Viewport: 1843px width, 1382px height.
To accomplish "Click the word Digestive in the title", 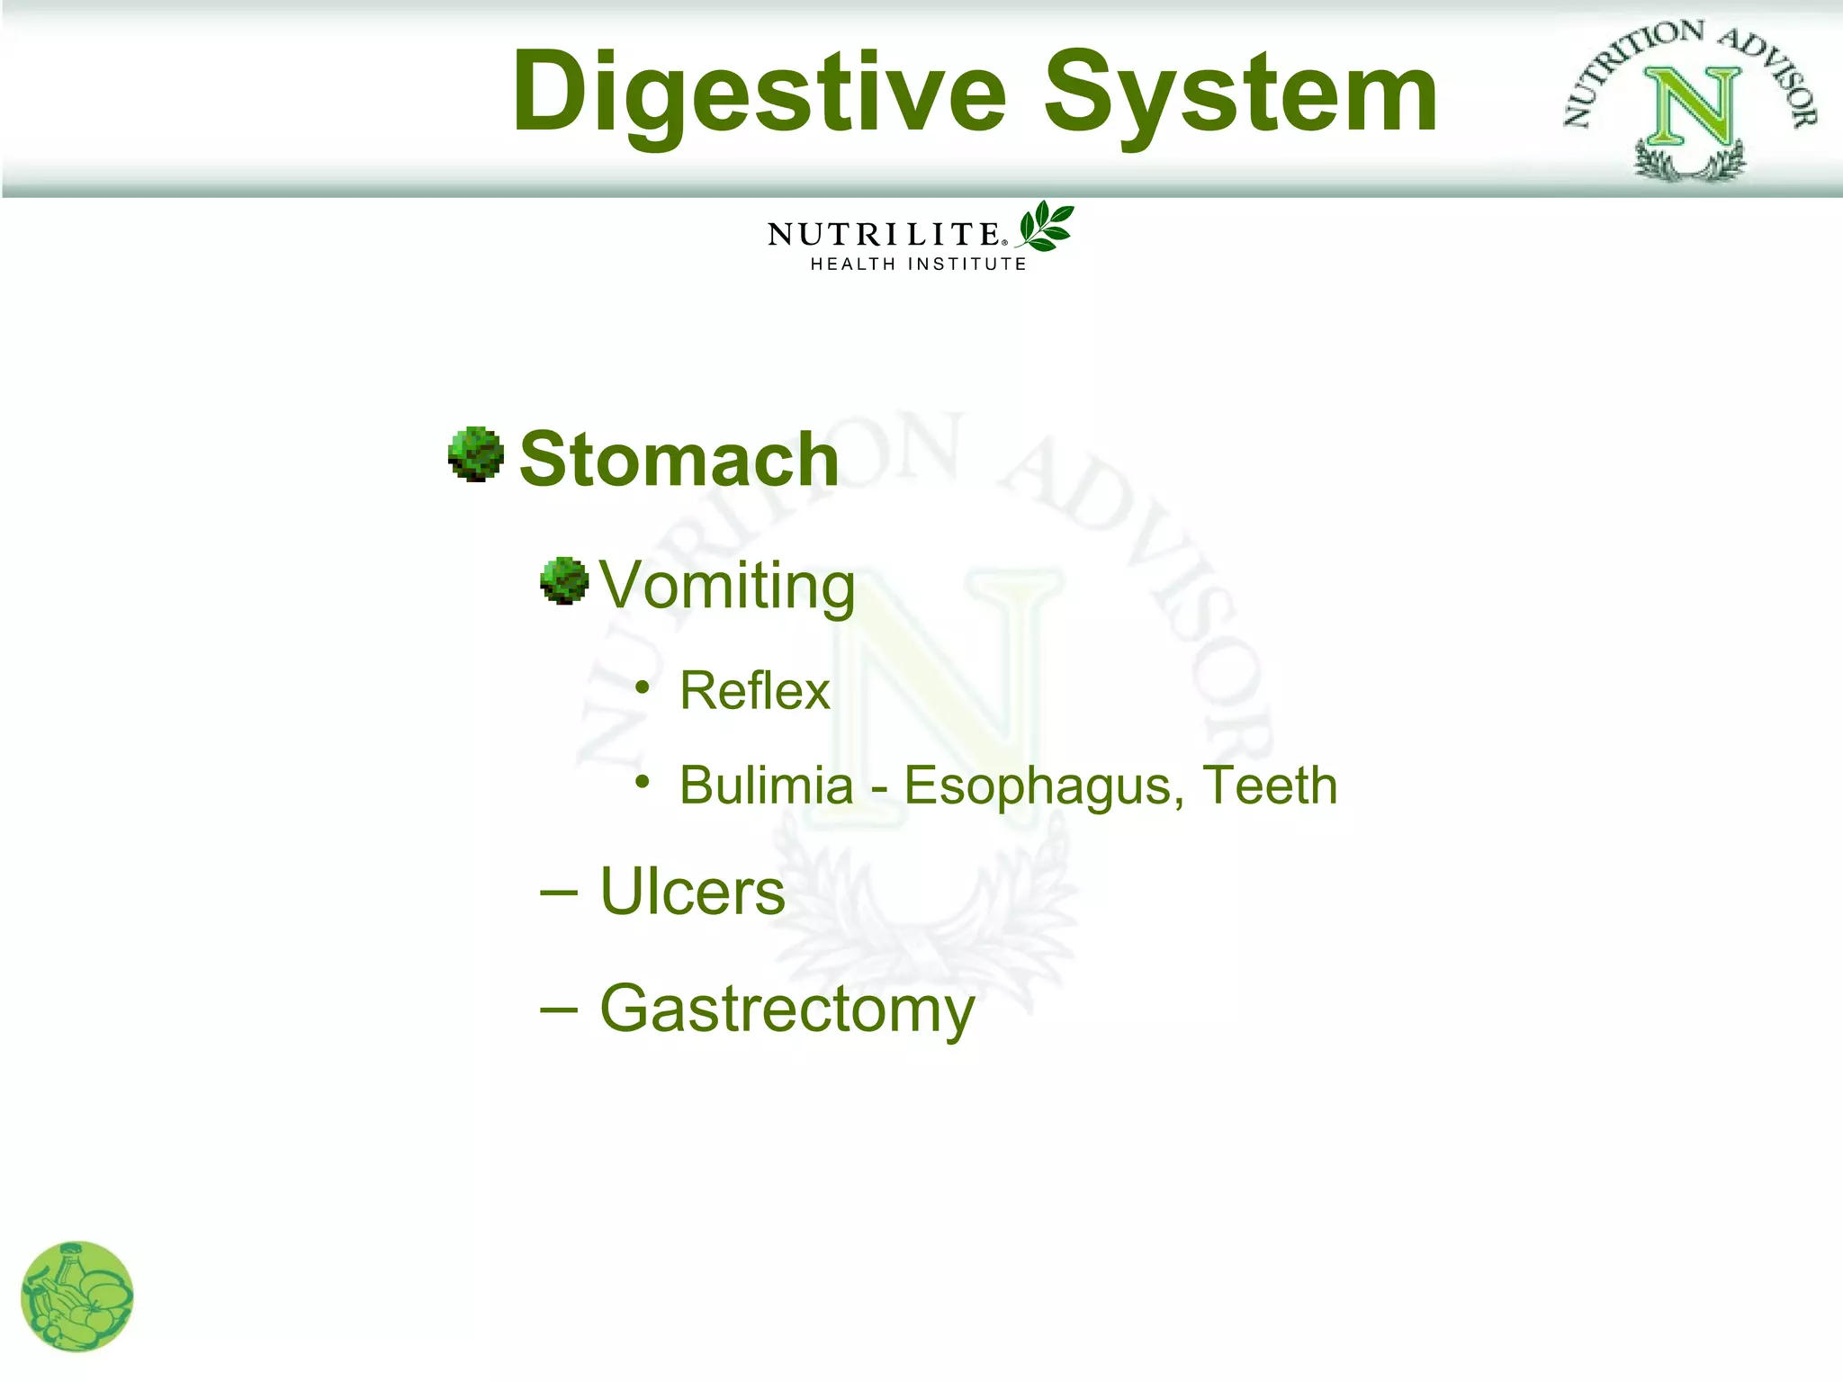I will pyautogui.click(x=759, y=94).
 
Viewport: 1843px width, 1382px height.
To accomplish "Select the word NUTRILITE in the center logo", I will pyautogui.click(x=883, y=235).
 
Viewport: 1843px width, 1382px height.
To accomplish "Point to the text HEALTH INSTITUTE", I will pyautogui.click(x=918, y=265).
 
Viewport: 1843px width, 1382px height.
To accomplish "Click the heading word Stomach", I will pyautogui.click(x=679, y=460).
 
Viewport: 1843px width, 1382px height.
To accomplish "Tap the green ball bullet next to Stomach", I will pyautogui.click(x=476, y=454).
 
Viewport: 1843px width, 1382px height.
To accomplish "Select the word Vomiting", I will pyautogui.click(x=727, y=586).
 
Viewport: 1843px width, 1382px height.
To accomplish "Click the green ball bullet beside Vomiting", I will pyautogui.click(x=564, y=580).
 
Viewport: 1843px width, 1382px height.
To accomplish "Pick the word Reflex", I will pyautogui.click(x=754, y=691).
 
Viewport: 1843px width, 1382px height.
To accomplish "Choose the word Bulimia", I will pyautogui.click(x=766, y=785).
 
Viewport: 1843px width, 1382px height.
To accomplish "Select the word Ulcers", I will pyautogui.click(x=692, y=892).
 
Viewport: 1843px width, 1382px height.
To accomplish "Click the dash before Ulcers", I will pyautogui.click(x=559, y=893).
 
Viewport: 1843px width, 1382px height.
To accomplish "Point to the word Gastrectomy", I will pyautogui.click(x=787, y=1010).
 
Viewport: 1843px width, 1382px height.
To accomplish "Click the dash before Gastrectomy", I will pyautogui.click(x=559, y=1010).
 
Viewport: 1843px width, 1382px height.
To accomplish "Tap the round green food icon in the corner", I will pyautogui.click(x=77, y=1297).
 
